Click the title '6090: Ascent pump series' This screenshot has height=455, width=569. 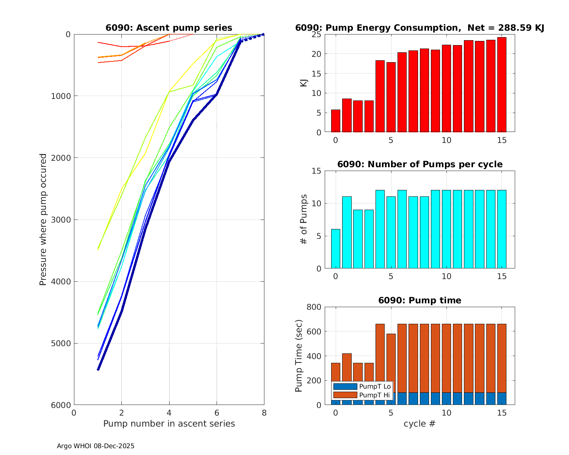click(169, 28)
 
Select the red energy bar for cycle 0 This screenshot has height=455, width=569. click(336, 121)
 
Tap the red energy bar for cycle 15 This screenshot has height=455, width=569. click(502, 85)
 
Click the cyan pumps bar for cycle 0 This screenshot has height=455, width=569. click(336, 249)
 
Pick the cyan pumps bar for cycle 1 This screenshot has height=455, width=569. click(347, 232)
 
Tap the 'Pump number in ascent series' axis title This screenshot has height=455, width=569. click(169, 424)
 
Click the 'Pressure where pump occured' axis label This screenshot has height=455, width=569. click(43, 220)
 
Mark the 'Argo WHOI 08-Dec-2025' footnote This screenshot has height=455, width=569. click(96, 446)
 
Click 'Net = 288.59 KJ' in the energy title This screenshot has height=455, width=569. click(506, 28)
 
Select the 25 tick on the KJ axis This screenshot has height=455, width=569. click(317, 35)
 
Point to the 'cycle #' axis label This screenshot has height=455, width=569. click(419, 424)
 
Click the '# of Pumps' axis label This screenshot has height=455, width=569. click(304, 220)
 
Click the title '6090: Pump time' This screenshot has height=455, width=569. click(420, 300)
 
